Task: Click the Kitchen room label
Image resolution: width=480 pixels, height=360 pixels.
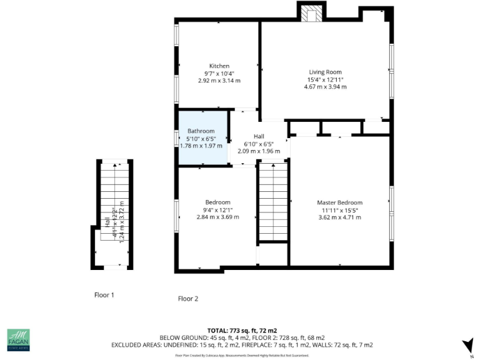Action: (x=219, y=66)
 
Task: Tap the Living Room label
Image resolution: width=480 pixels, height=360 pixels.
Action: (x=325, y=72)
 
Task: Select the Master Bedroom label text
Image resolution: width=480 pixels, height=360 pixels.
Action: (x=339, y=202)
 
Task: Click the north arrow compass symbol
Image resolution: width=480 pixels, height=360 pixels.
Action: (x=466, y=345)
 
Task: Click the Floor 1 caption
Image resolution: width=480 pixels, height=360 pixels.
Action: (x=104, y=294)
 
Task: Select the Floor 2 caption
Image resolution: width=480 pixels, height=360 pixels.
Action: (x=187, y=299)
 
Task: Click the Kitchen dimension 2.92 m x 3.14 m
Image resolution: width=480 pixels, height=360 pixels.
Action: (x=219, y=81)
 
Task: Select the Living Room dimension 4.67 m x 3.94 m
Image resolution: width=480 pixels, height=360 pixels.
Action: (x=325, y=87)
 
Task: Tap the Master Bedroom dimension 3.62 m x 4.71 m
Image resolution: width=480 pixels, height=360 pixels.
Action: (x=339, y=217)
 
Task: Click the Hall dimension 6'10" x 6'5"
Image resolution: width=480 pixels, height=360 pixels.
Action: (x=259, y=144)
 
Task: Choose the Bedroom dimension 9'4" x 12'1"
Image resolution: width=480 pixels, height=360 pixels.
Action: (x=217, y=209)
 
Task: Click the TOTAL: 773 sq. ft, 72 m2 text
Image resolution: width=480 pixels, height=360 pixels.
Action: (x=242, y=330)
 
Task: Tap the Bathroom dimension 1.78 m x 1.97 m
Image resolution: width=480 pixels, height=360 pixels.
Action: (x=201, y=146)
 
